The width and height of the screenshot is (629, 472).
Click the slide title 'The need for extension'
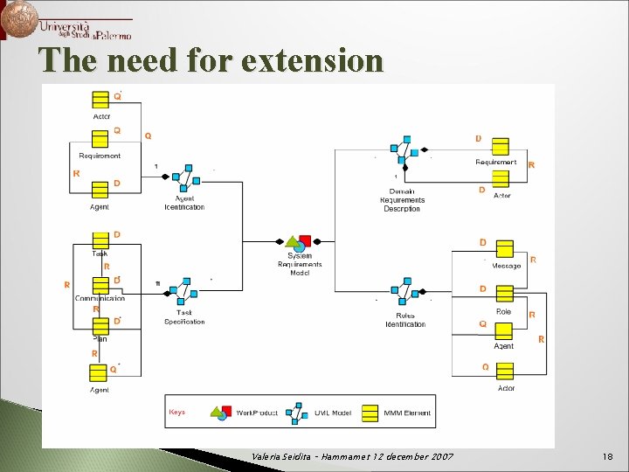click(x=211, y=61)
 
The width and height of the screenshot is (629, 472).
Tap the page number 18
click(x=607, y=457)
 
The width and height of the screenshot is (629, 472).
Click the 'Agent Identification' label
click(x=184, y=203)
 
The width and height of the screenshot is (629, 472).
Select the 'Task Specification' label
click(x=184, y=316)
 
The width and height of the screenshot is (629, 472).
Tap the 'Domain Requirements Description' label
click(x=402, y=199)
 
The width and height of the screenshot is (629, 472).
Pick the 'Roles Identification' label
click(x=405, y=320)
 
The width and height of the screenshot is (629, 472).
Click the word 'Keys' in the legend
click(x=176, y=411)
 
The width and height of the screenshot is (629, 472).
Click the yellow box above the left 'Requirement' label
click(x=100, y=138)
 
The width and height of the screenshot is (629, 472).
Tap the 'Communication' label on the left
click(x=100, y=298)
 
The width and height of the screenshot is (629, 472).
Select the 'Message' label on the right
click(x=506, y=266)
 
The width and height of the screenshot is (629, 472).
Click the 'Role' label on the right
click(x=503, y=312)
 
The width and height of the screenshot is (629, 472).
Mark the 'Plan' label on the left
click(x=100, y=338)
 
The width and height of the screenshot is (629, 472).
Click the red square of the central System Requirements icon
click(x=305, y=241)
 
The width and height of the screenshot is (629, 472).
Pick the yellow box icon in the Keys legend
click(x=370, y=412)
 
